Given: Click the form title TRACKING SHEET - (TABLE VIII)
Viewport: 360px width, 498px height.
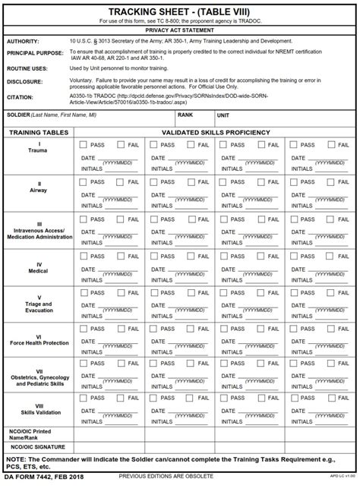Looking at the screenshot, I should [180, 11].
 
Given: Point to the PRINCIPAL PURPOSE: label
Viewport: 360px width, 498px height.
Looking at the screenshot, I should [36, 52].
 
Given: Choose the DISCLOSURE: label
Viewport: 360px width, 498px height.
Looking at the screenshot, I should [25, 80].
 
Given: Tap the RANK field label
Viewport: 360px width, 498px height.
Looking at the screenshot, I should [185, 115].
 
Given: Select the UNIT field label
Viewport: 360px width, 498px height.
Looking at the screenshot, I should [223, 115].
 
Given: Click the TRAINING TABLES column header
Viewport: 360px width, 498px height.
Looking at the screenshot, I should [39, 132].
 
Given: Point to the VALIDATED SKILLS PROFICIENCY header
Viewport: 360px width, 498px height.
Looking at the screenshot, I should [216, 132].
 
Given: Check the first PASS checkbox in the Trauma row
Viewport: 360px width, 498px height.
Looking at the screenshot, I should [83, 143].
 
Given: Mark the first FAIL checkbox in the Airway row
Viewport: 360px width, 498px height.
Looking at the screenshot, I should [121, 182].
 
